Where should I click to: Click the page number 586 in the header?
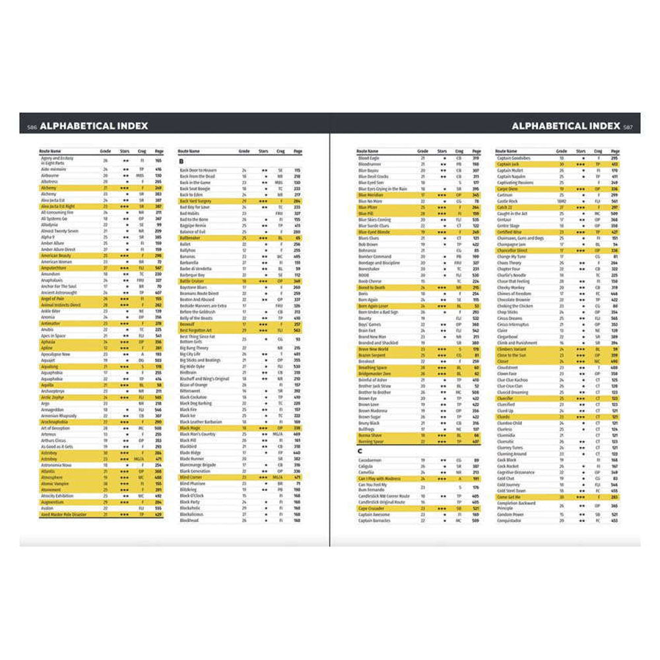click(x=31, y=127)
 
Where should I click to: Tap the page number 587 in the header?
click(x=628, y=127)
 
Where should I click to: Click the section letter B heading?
click(x=181, y=160)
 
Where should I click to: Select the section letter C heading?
click(x=360, y=451)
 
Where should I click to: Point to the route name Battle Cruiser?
click(x=193, y=280)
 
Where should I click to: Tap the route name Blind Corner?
click(x=191, y=477)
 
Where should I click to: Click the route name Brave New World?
click(x=373, y=349)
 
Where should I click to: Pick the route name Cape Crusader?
click(x=371, y=508)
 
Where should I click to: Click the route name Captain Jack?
click(x=510, y=164)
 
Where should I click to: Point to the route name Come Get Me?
click(x=509, y=497)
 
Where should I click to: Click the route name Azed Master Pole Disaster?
click(x=63, y=514)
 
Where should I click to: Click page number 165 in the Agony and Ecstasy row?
click(x=158, y=160)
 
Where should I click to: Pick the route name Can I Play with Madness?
click(x=380, y=478)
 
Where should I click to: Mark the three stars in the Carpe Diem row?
click(x=580, y=189)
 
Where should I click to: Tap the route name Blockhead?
click(x=189, y=521)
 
